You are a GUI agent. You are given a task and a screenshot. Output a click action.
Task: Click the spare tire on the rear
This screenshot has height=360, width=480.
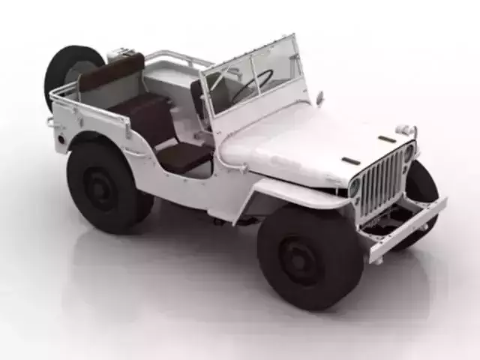pos(70,70)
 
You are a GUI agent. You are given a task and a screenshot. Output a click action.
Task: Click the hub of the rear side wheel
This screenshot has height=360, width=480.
pos(101,187)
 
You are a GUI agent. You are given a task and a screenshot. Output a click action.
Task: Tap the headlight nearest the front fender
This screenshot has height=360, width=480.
pos(355,187)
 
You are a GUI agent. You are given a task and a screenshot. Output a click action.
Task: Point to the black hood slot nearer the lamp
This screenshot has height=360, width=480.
pos(386,139)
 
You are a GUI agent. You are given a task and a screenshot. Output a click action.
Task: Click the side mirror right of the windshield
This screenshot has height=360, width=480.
pos(320,97)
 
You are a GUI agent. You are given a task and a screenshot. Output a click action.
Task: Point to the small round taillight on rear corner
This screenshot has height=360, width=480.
pos(50,121)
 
